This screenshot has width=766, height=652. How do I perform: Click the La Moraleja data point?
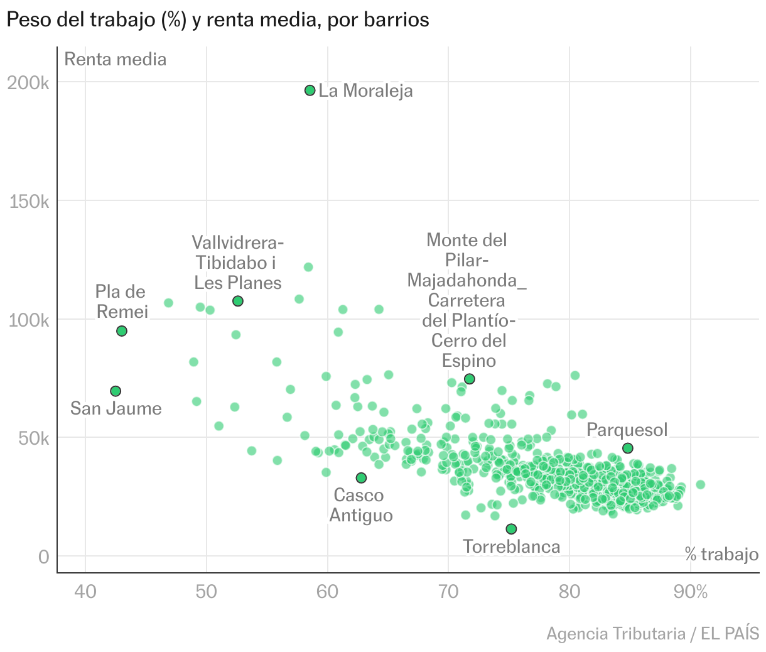coord(310,90)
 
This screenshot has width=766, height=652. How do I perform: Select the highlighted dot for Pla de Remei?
coord(122,331)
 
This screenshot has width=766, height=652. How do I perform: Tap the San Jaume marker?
coord(116,391)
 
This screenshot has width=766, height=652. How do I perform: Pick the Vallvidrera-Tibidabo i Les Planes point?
coord(238,302)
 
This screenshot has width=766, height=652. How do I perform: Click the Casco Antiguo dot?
coord(361,478)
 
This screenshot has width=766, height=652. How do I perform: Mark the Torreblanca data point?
coord(511,529)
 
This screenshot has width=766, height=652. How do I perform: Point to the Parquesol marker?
coord(628,448)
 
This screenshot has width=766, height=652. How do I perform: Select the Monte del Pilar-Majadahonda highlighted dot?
coord(469,379)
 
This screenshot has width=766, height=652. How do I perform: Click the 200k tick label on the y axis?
coord(28,83)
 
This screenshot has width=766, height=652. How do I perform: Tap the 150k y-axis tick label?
coord(28,202)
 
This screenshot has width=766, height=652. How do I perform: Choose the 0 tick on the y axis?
coord(43,557)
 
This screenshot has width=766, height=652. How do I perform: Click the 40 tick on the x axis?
coord(85,592)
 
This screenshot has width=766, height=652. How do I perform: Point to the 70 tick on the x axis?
coord(448,592)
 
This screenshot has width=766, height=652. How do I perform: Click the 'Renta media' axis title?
coord(116,60)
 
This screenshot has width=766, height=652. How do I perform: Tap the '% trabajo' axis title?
coord(721,554)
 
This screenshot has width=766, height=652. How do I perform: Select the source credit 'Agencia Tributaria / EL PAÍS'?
coord(652,633)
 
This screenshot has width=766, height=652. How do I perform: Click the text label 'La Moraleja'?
coord(365,91)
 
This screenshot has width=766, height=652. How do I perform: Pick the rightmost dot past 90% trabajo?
coord(700,484)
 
